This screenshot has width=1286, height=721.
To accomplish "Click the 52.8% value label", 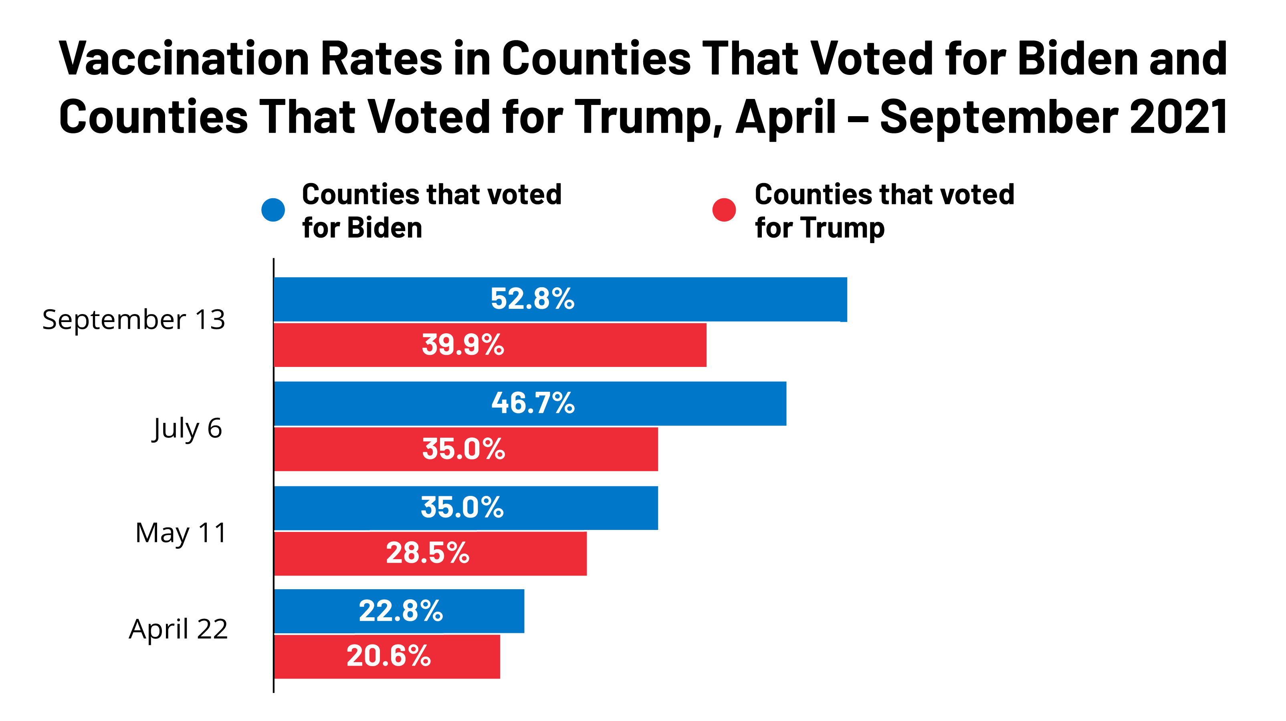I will click(532, 299).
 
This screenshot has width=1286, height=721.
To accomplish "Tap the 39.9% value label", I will click(463, 345).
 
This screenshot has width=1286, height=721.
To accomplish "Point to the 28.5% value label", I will click(427, 553).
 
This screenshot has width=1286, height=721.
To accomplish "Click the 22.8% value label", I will click(400, 611).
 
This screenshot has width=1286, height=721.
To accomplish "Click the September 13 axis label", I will click(133, 319).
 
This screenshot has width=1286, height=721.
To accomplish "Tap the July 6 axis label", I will click(187, 429).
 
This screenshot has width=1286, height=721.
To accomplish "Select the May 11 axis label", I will click(181, 533).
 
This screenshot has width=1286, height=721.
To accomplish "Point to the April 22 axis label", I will click(178, 629).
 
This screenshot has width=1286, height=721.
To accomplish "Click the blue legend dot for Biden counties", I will click(273, 210).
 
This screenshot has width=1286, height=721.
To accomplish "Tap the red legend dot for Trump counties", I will click(724, 210).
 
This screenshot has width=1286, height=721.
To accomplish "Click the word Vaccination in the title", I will click(184, 59).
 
